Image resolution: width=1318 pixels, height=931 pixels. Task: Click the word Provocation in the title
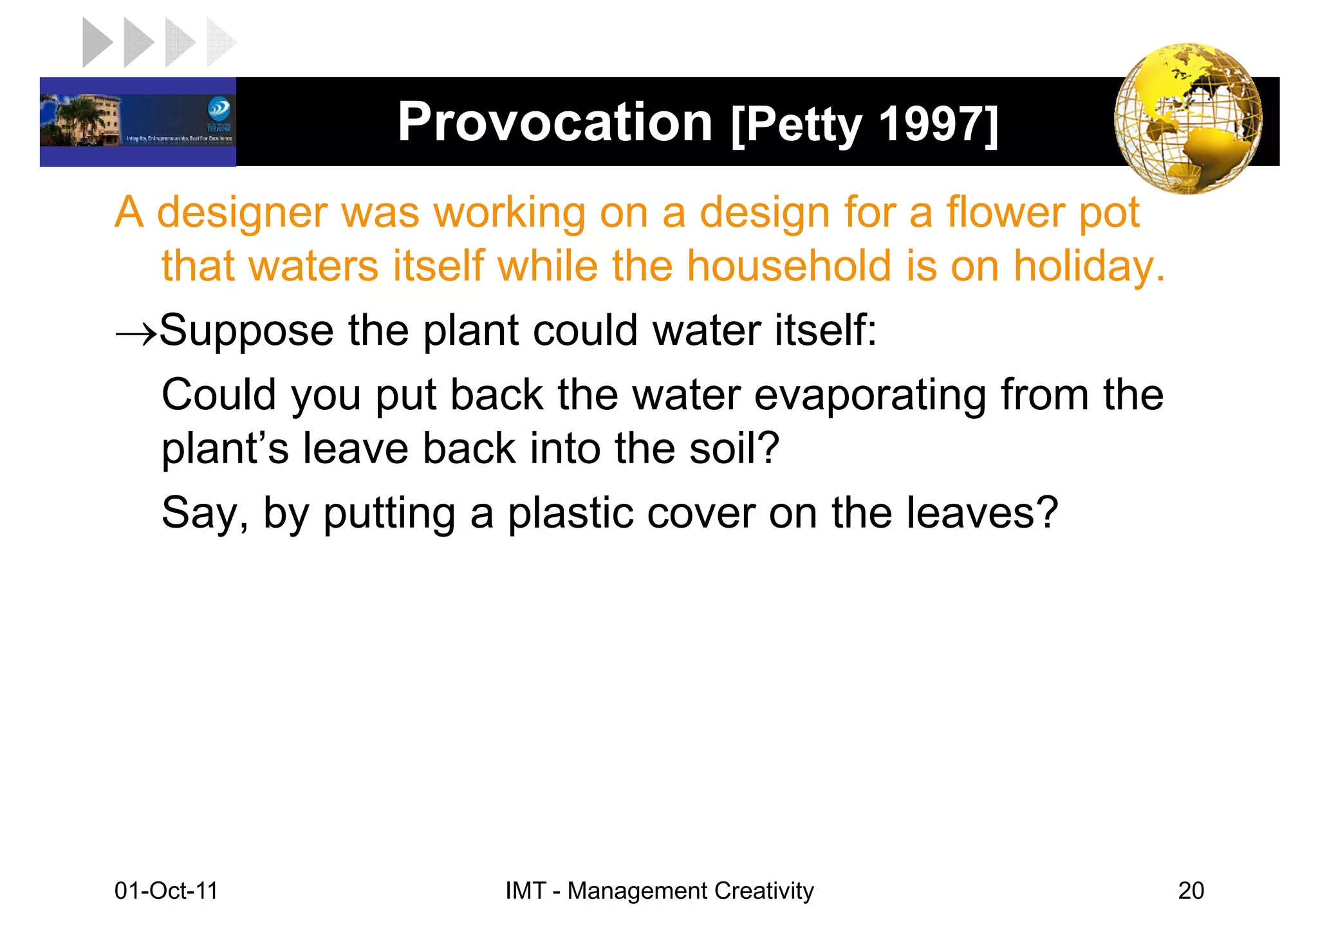[555, 122]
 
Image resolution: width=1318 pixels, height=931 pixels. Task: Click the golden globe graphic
[1188, 119]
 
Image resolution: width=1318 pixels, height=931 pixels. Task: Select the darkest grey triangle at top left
[97, 42]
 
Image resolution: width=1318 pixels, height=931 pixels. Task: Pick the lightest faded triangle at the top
[219, 42]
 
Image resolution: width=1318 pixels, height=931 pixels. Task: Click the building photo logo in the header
[138, 122]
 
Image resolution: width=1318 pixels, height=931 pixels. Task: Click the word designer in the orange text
[241, 212]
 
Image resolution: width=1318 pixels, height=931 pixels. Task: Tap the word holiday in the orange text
[1088, 266]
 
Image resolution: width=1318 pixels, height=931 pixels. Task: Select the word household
[789, 266]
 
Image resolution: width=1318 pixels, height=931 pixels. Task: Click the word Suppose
[246, 331]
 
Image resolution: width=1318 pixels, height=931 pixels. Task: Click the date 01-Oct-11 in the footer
[166, 890]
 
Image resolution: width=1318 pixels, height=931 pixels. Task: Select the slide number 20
[1191, 890]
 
